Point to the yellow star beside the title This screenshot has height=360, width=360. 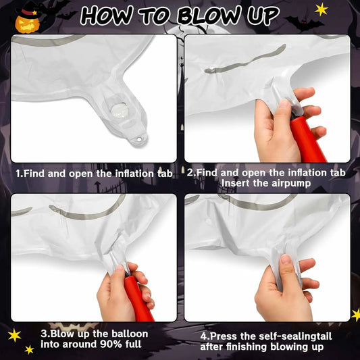pos(322,9)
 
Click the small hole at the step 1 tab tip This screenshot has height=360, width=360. pos(140,140)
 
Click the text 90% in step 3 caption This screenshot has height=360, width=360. pos(103,344)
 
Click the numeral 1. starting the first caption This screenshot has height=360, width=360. pos(20,174)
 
